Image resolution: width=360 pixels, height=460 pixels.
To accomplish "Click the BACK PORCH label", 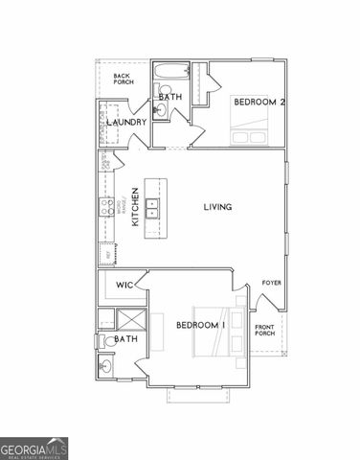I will click(124, 80).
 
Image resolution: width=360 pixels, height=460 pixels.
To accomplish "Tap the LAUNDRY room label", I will click(127, 123).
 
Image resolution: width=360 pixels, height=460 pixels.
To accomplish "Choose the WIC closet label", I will click(124, 286).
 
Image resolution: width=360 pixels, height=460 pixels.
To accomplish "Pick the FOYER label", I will click(272, 284).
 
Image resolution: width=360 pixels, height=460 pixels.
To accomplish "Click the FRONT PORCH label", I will click(265, 332).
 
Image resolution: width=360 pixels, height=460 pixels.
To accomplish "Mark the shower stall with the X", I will click(127, 319).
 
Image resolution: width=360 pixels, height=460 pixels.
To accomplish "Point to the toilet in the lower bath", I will click(102, 340).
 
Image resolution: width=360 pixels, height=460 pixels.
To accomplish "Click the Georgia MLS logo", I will click(34, 448).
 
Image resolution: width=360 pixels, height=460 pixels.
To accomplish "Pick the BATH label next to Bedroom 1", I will click(125, 339).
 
